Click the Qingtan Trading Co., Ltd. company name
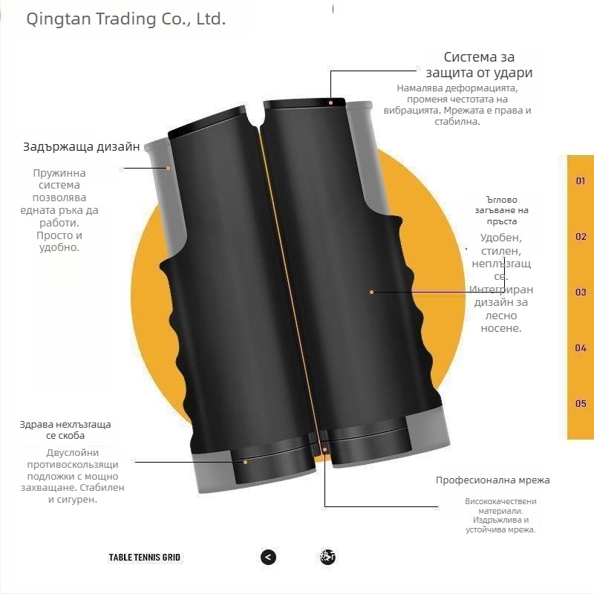(x=125, y=19)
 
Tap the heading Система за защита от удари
(x=479, y=65)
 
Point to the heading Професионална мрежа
(x=492, y=480)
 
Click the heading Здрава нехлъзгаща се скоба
(x=65, y=430)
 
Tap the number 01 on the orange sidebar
(x=581, y=180)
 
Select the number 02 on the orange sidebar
(x=581, y=237)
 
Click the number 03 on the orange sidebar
(x=581, y=293)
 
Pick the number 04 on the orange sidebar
(x=581, y=347)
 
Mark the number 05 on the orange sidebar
(x=581, y=404)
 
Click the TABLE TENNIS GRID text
(x=145, y=557)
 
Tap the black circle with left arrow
(x=269, y=557)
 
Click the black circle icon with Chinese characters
(x=328, y=557)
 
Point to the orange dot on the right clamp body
(x=372, y=293)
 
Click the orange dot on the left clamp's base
(x=246, y=461)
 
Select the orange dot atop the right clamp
(x=331, y=102)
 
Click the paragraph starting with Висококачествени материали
(x=500, y=515)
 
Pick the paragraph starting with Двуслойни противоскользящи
(x=73, y=476)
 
